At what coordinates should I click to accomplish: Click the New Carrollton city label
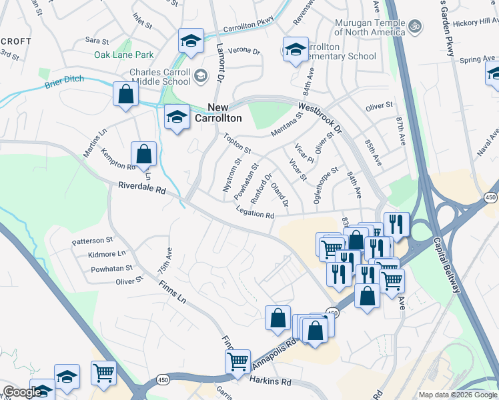coord(217,113)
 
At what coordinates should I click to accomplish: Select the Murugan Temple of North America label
coord(370,27)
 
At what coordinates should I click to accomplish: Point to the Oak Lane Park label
coord(123,55)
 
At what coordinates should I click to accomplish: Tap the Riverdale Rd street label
coord(142,189)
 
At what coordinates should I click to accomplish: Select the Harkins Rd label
coord(271,382)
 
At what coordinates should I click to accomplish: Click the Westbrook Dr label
coord(320,117)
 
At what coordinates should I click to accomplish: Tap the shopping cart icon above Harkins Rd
coord(237,361)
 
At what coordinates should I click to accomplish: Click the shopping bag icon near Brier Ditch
coord(125,94)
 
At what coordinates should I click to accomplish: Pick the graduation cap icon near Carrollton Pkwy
coord(191,41)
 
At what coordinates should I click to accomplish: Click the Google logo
coord(22,392)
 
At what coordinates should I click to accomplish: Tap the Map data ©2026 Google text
coord(457,395)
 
